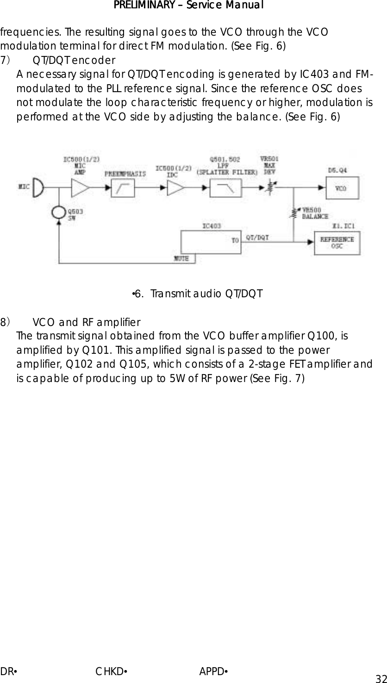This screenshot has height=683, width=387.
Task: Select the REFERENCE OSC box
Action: [x=337, y=243]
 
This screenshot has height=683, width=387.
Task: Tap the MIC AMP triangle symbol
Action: [x=80, y=188]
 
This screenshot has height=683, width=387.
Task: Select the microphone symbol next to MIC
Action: [x=38, y=188]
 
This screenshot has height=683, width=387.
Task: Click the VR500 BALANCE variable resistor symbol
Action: [x=293, y=213]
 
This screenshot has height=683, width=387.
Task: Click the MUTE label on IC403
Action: [x=181, y=258]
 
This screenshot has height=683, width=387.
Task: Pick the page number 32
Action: [x=381, y=678]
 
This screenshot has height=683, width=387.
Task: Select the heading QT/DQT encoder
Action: [x=74, y=60]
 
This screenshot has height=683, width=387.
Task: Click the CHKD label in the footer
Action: [x=111, y=671]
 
